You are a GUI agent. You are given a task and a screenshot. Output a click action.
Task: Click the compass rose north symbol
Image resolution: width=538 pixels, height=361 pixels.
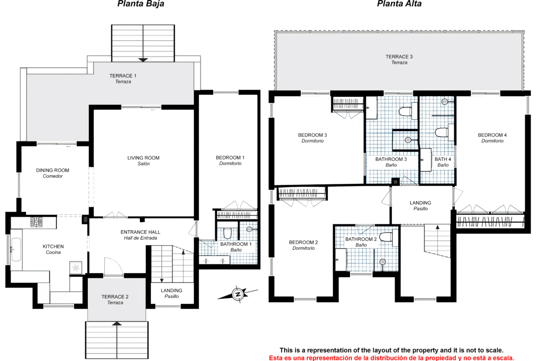pos(237,294)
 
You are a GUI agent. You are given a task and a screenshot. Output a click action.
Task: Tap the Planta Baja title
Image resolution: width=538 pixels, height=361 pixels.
pos(141,4)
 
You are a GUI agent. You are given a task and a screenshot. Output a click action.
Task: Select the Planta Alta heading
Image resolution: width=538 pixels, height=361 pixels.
pos(399,4)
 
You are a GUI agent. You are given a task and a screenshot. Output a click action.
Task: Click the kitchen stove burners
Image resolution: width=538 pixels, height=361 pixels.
pos(36,222)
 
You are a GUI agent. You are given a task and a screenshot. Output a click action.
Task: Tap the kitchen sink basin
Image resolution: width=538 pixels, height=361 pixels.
pos(16,249)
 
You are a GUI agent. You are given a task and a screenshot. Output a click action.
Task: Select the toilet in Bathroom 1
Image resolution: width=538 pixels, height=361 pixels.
pos(227,233)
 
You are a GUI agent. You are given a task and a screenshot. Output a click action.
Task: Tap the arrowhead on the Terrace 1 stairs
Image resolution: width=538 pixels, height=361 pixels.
pos(143,60)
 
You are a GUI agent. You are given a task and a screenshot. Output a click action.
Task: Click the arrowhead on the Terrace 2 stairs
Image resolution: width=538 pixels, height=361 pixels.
pos(117,324)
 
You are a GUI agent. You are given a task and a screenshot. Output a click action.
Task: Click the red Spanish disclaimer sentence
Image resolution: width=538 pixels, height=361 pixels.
pos(391,358)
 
